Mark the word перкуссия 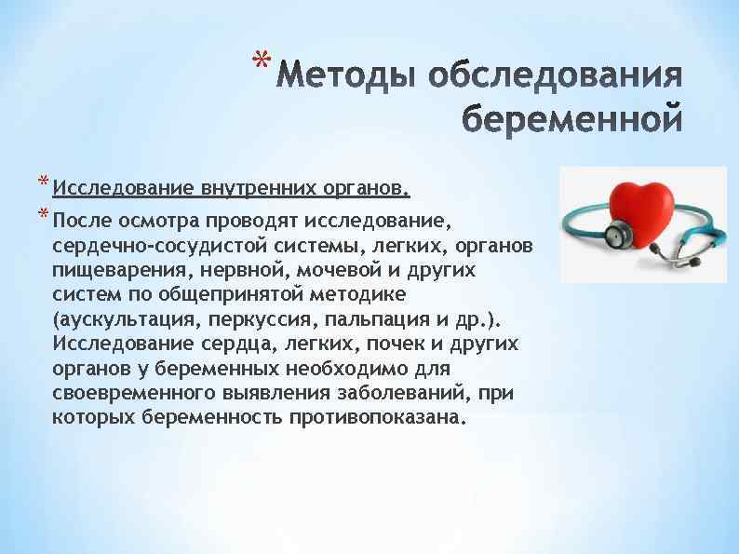261,319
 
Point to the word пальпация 373,319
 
